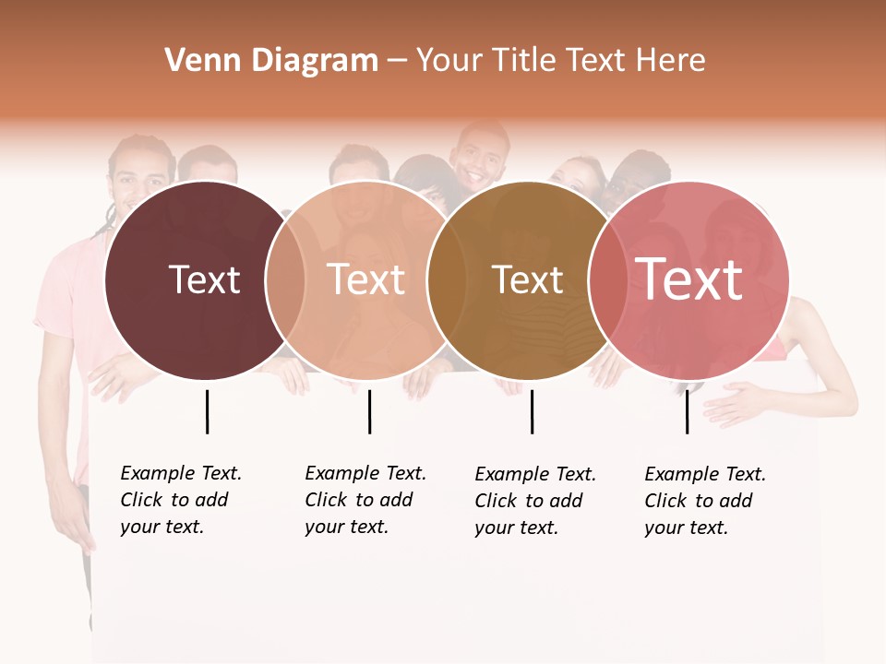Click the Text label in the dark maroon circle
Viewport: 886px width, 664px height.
pyautogui.click(x=204, y=279)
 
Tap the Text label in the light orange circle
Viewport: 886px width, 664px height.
pyautogui.click(x=366, y=279)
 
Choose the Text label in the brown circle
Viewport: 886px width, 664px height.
pyautogui.click(x=528, y=279)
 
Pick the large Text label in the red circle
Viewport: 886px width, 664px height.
pyautogui.click(x=689, y=279)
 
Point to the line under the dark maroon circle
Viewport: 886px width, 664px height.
pyautogui.click(x=207, y=411)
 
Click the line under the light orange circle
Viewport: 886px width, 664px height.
pyautogui.click(x=369, y=411)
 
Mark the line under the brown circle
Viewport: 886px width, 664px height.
pyautogui.click(x=532, y=411)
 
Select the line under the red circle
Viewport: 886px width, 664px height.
pyautogui.click(x=687, y=411)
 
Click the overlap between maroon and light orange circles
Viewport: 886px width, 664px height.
pyautogui.click(x=285, y=279)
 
